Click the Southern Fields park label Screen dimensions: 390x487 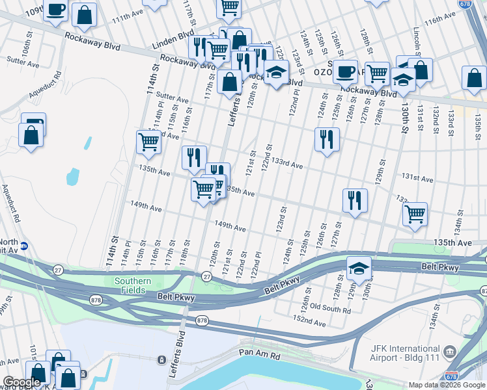(133, 286)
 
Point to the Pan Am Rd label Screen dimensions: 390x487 (258, 356)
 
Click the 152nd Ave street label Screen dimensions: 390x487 (309, 321)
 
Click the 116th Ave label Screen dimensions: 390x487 (439, 22)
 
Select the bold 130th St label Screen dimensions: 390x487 (406, 116)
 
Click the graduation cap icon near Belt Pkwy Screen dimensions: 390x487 (358, 266)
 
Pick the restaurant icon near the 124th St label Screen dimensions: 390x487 (326, 138)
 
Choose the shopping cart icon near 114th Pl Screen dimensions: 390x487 (148, 141)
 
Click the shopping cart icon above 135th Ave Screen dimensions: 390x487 (414, 213)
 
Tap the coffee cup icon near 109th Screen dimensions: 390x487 (57, 10)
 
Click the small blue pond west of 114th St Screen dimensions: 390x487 (72, 176)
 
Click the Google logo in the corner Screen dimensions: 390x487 (21, 382)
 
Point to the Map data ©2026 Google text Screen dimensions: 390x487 (446, 385)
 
